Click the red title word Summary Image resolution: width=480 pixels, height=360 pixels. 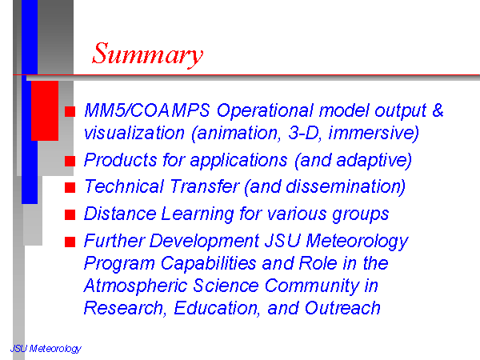pyautogui.click(x=147, y=54)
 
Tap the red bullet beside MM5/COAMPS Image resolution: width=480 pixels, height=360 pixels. pyautogui.click(x=70, y=111)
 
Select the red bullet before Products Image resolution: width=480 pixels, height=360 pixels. pyautogui.click(x=70, y=161)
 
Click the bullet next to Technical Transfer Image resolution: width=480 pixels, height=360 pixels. pyautogui.click(x=70, y=187)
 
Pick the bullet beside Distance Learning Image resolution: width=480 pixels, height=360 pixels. pyautogui.click(x=70, y=214)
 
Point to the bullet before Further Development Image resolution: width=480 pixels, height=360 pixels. pyautogui.click(x=70, y=242)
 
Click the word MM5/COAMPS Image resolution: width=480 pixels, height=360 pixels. pyautogui.click(x=147, y=110)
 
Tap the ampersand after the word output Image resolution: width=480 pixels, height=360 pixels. pyautogui.click(x=438, y=110)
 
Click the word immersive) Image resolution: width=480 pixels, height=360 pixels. pyautogui.click(x=374, y=134)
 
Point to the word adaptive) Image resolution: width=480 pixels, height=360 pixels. pyautogui.click(x=374, y=161)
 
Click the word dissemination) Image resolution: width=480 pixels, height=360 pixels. pyautogui.click(x=346, y=187)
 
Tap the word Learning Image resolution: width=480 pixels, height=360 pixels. pyautogui.click(x=198, y=214)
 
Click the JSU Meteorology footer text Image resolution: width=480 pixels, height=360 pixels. pyautogui.click(x=46, y=349)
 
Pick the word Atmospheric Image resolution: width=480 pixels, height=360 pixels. pyautogui.click(x=135, y=286)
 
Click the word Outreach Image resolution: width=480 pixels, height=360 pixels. pyautogui.click(x=342, y=308)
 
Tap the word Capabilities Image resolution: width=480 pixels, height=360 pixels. pyautogui.click(x=209, y=263)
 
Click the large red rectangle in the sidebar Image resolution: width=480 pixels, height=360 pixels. pyautogui.click(x=45, y=111)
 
